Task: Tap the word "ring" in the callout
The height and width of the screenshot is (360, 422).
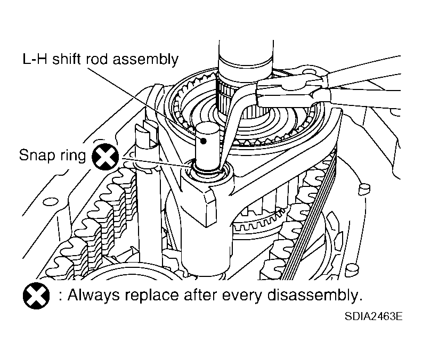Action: coord(73,157)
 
